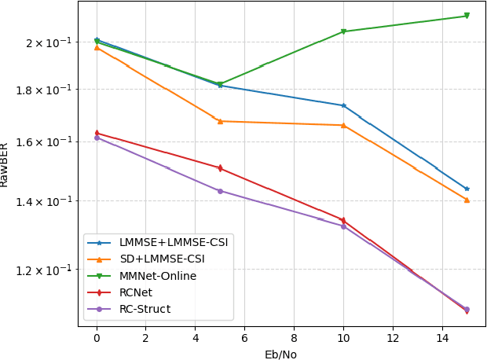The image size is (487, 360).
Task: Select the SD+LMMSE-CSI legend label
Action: tap(162, 259)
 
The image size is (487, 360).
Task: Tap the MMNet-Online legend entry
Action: tap(158, 276)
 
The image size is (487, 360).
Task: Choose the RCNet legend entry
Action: tap(137, 292)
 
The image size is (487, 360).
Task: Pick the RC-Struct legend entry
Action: tap(145, 309)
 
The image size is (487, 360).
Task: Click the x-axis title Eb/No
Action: tap(280, 354)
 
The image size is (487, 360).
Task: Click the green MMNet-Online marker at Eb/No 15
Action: tap(467, 16)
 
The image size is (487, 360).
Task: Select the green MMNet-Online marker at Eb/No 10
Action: tap(343, 31)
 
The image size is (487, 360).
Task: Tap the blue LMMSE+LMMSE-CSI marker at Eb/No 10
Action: tap(343, 105)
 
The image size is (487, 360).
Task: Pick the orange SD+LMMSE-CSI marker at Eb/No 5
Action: tap(220, 121)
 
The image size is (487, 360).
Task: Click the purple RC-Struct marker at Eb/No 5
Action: tap(220, 191)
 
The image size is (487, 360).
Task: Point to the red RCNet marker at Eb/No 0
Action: tap(97, 133)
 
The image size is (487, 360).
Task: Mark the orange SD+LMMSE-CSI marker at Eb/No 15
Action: tap(467, 200)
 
